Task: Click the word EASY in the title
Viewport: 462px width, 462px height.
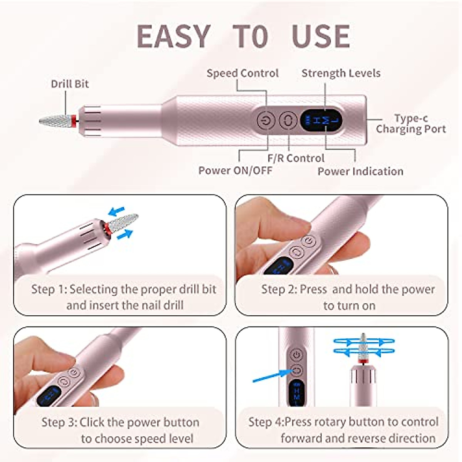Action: pyautogui.click(x=173, y=37)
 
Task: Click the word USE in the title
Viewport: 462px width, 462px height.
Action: pyautogui.click(x=321, y=37)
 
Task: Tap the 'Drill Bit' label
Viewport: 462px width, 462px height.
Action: pyautogui.click(x=70, y=84)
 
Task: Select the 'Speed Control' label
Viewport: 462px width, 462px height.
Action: pyautogui.click(x=243, y=73)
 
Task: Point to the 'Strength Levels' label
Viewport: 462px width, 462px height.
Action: pyautogui.click(x=341, y=73)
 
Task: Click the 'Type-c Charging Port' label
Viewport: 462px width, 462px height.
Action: pyautogui.click(x=411, y=124)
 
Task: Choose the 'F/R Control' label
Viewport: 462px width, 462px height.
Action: pyautogui.click(x=296, y=158)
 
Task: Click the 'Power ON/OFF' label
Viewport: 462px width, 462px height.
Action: pyautogui.click(x=235, y=170)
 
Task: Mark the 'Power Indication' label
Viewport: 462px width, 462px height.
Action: pyautogui.click(x=360, y=171)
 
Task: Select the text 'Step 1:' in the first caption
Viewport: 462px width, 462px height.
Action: pyautogui.click(x=49, y=289)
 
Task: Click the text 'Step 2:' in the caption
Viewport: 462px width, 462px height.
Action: pyautogui.click(x=279, y=289)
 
